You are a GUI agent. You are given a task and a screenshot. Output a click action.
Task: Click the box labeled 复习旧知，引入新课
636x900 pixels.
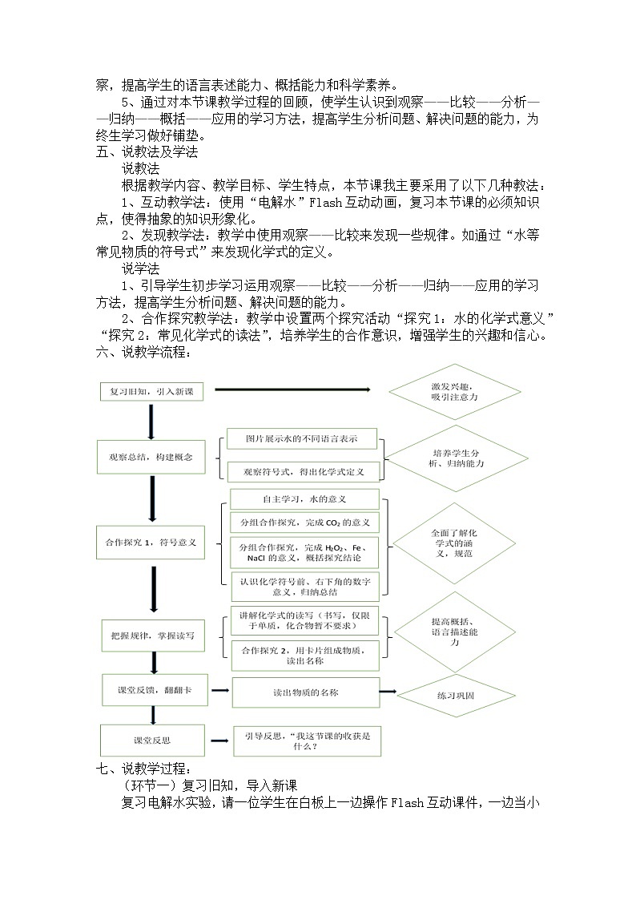click(152, 391)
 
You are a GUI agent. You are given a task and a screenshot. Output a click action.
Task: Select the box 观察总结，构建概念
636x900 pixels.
click(151, 457)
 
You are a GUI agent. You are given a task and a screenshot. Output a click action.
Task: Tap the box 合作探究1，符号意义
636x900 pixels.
click(151, 542)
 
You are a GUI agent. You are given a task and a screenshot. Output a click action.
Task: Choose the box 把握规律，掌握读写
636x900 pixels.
click(153, 636)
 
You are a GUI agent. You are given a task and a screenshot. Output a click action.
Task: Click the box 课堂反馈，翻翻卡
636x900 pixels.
click(155, 690)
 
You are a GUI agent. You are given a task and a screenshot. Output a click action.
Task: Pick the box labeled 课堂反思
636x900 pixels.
click(152, 740)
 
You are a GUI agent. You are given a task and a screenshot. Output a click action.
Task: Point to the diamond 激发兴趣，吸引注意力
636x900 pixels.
click(455, 392)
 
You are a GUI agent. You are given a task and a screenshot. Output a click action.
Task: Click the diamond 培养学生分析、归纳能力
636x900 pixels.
click(456, 458)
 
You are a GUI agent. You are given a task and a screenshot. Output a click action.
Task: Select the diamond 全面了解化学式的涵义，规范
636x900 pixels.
click(454, 543)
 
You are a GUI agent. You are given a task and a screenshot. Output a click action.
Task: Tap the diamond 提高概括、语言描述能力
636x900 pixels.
click(455, 632)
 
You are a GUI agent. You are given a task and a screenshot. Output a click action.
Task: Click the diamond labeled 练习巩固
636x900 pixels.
click(456, 696)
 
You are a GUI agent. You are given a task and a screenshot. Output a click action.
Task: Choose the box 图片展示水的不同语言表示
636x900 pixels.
click(302, 438)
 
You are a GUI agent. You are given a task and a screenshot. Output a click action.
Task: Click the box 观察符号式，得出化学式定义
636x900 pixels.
click(304, 472)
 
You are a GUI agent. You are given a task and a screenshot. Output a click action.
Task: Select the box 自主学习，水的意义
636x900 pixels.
click(304, 499)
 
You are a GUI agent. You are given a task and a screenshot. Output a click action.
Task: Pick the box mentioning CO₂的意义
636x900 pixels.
click(305, 523)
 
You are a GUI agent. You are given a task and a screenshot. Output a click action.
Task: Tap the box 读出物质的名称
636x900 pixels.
click(306, 692)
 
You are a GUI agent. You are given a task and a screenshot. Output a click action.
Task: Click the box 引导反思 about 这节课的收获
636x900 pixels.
click(308, 741)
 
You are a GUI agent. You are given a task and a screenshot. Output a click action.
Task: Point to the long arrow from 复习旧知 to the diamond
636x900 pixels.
click(292, 389)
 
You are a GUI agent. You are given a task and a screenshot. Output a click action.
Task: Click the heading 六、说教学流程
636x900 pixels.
click(144, 352)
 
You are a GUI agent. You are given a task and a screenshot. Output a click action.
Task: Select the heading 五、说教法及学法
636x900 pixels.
click(147, 152)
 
